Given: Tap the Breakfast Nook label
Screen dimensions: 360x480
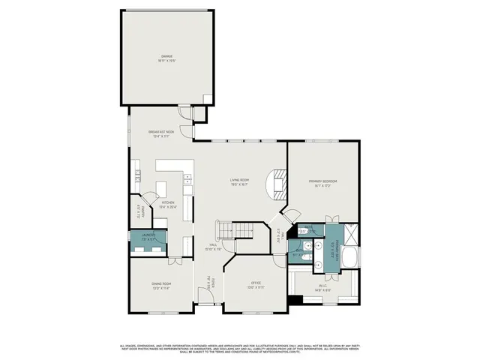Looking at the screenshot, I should (160, 133).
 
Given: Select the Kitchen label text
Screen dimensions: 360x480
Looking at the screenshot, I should (169, 203).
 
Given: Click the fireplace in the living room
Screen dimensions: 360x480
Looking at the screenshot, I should (280, 184).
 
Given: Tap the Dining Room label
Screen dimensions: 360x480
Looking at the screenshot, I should (160, 285).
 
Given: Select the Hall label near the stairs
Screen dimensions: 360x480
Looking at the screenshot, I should (213, 247).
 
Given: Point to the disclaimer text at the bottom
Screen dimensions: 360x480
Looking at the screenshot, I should (240, 348).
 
